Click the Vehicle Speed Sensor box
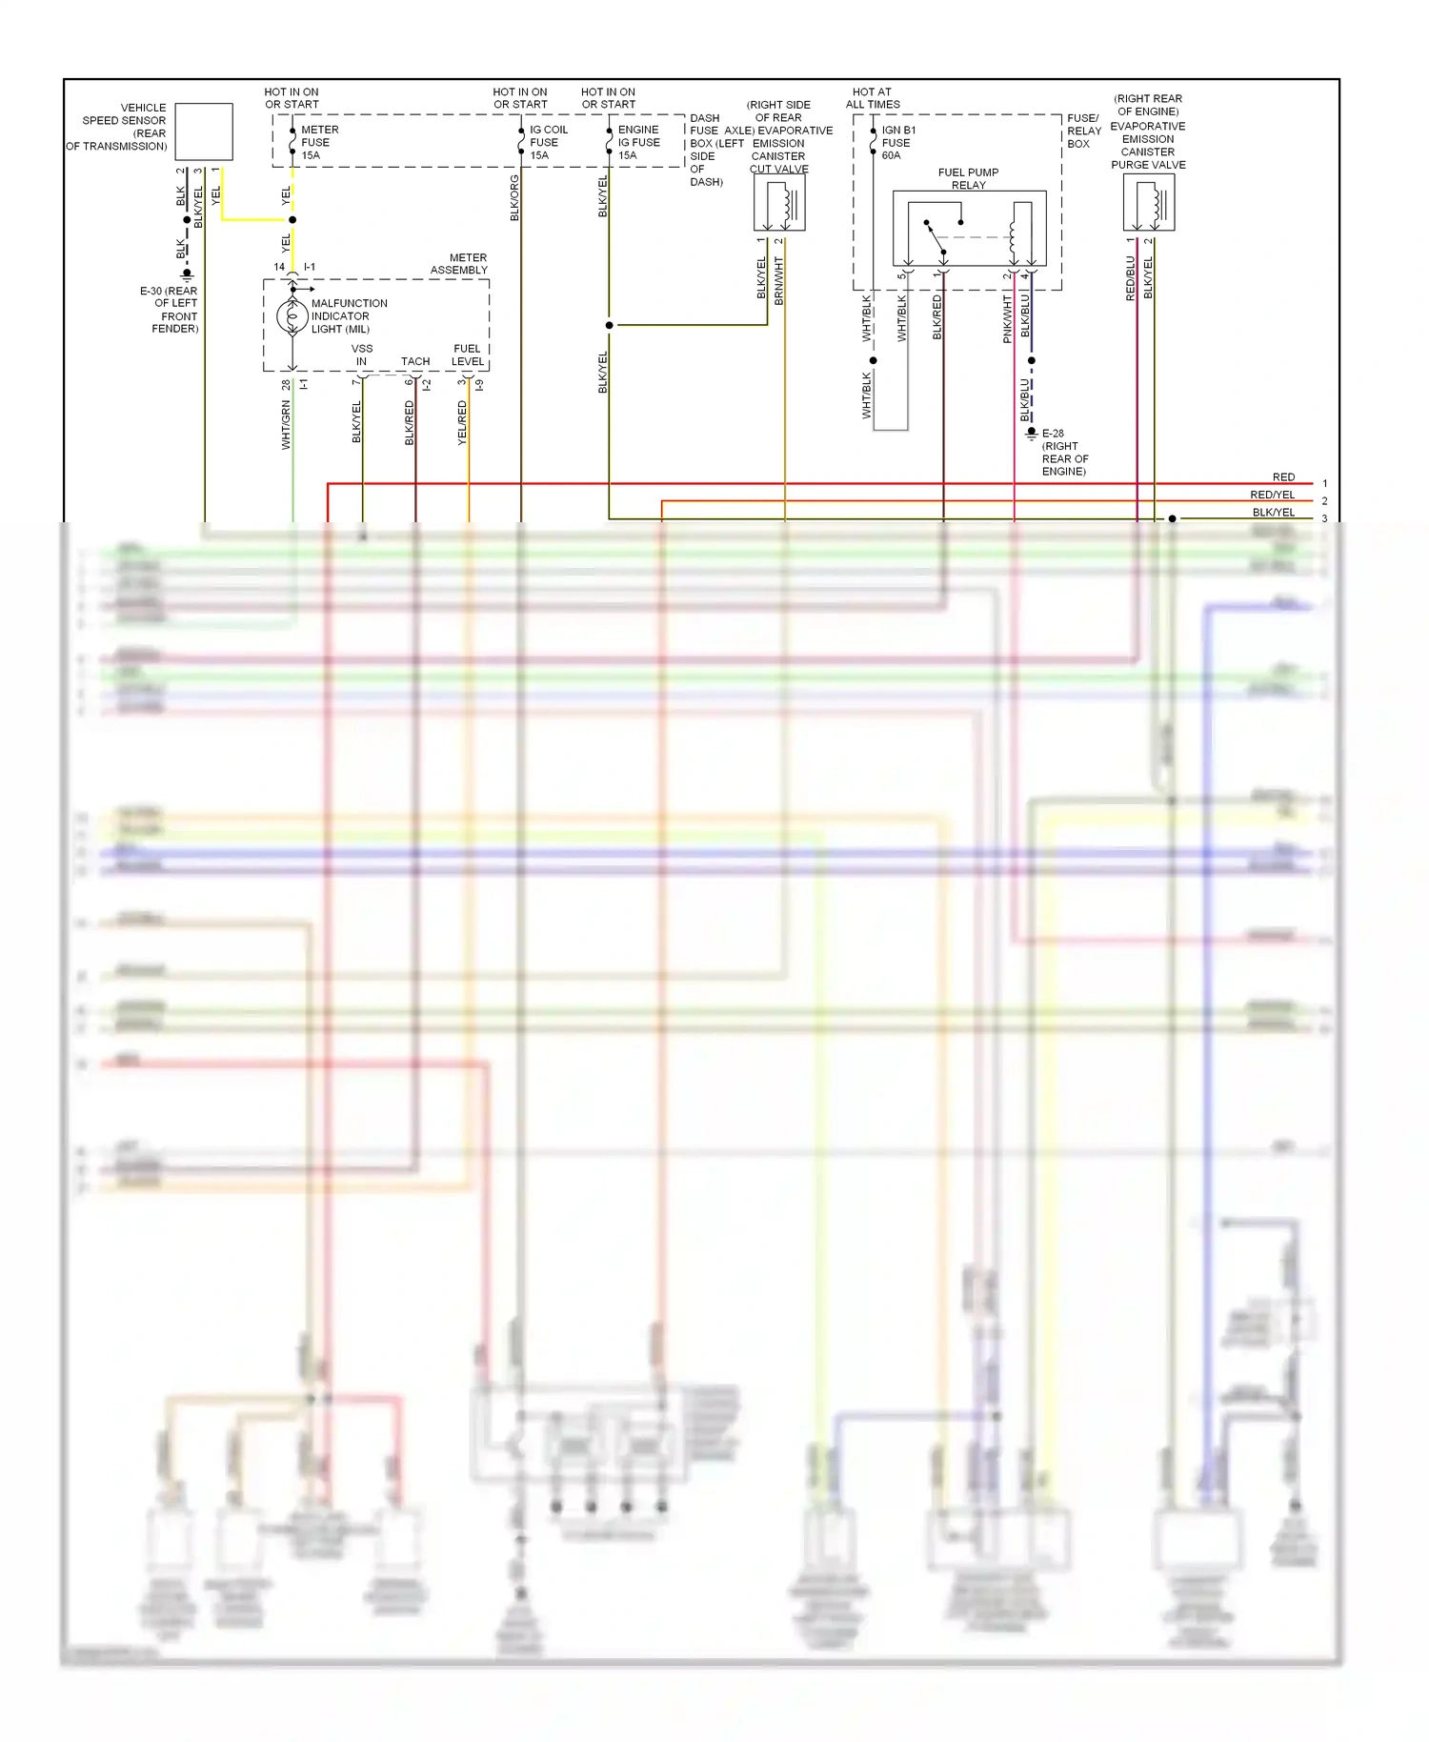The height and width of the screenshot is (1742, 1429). pyautogui.click(x=204, y=132)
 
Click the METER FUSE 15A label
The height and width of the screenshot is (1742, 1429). pyautogui.click(x=319, y=142)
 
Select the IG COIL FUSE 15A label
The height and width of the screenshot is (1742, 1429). pyautogui.click(x=548, y=142)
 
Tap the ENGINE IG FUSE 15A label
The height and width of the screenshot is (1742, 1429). pyautogui.click(x=638, y=142)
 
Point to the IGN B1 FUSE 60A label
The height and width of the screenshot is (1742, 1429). pyautogui.click(x=897, y=142)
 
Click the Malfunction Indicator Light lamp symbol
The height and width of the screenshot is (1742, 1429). pyautogui.click(x=292, y=316)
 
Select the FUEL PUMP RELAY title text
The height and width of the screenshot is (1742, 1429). pyautogui.click(x=968, y=178)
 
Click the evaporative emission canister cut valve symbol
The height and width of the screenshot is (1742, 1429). pyautogui.click(x=779, y=204)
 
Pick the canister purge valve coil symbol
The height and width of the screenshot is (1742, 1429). pyautogui.click(x=1149, y=203)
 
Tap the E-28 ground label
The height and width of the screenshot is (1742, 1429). pyautogui.click(x=1062, y=452)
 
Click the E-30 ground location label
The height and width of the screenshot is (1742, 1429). pyautogui.click(x=170, y=310)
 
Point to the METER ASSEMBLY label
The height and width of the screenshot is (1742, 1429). pyautogui.click(x=459, y=264)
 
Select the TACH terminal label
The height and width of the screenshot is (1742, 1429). pyautogui.click(x=415, y=361)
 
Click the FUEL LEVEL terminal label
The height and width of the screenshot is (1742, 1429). pyautogui.click(x=467, y=354)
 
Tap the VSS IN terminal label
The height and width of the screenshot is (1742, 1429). pyautogui.click(x=361, y=354)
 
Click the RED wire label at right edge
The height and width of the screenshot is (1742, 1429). pyautogui.click(x=1283, y=476)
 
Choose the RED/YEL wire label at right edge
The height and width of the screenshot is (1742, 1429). pyautogui.click(x=1272, y=495)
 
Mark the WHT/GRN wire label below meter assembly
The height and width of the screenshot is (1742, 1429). pyautogui.click(x=286, y=425)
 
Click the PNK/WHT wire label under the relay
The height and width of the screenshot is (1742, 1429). pyautogui.click(x=1007, y=318)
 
